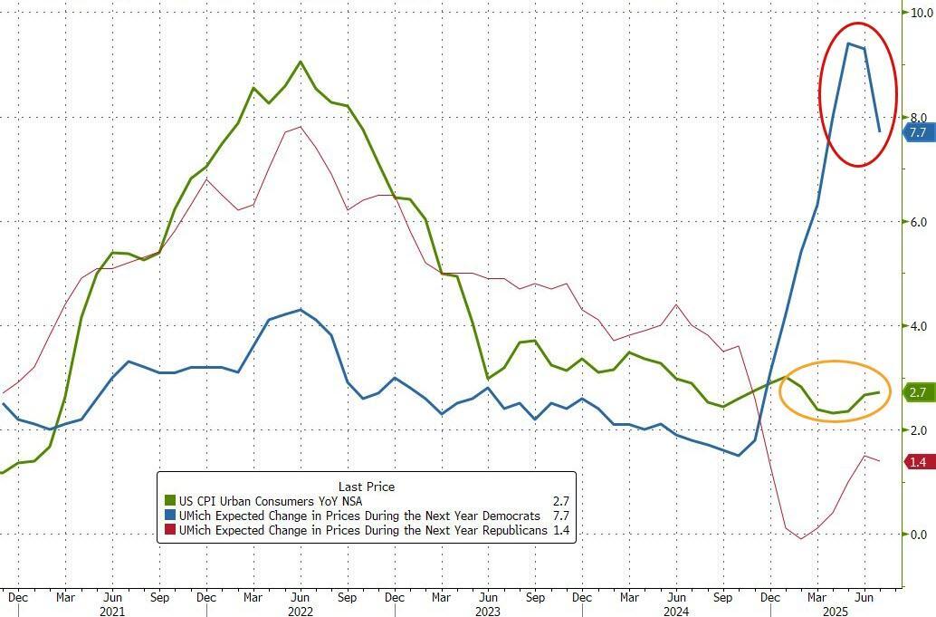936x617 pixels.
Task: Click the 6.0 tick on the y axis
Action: [919, 222]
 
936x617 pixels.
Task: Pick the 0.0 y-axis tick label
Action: [919, 535]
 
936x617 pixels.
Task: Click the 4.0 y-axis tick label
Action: [919, 326]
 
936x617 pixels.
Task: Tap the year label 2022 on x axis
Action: [300, 611]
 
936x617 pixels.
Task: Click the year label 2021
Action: [111, 611]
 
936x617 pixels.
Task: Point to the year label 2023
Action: [488, 611]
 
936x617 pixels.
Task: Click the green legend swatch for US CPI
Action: [169, 499]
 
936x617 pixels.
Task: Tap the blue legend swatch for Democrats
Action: [169, 515]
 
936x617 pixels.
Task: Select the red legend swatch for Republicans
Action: [169, 530]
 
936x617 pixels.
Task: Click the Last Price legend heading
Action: [366, 487]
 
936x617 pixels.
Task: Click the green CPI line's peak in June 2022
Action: [301, 62]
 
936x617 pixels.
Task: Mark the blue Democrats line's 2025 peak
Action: [848, 43]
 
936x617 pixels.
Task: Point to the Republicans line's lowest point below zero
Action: [801, 539]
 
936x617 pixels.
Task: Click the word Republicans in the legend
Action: [512, 530]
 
